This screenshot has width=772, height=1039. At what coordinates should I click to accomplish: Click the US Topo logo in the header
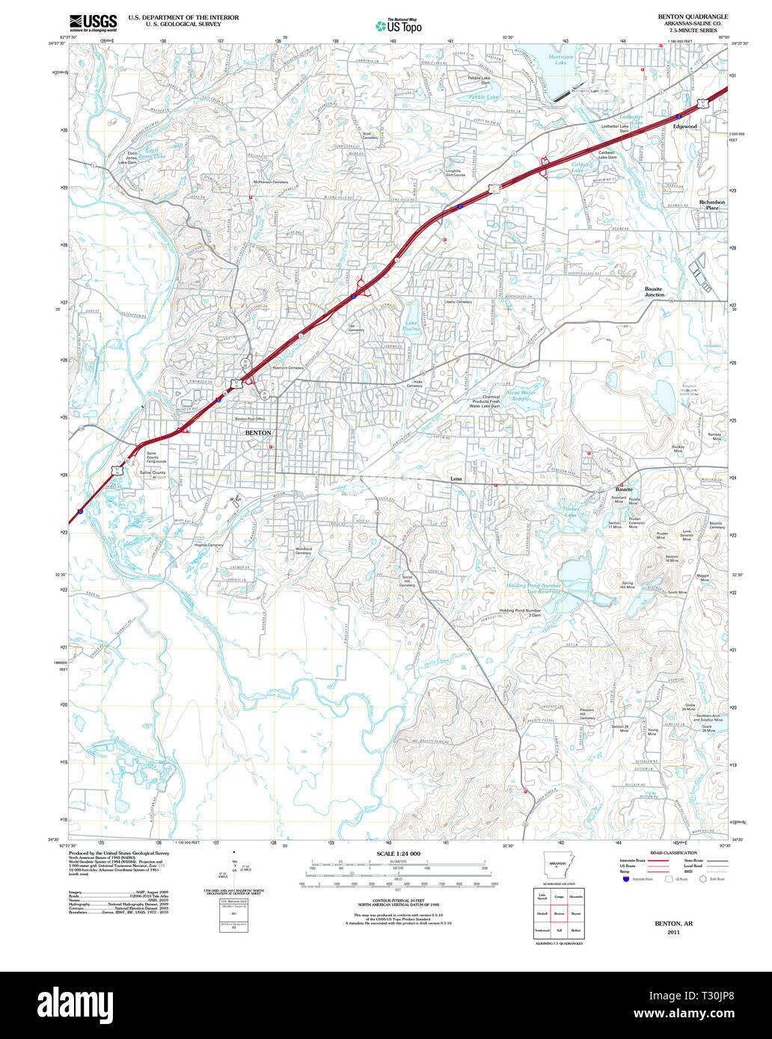(x=398, y=25)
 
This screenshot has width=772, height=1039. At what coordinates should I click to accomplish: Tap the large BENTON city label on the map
(x=258, y=433)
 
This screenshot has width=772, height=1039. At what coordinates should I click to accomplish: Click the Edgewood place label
(x=684, y=126)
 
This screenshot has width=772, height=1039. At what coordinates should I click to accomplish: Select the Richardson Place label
(x=712, y=205)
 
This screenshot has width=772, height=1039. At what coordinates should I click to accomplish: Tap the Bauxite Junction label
(x=655, y=292)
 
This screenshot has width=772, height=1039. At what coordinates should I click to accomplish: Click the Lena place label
(x=456, y=478)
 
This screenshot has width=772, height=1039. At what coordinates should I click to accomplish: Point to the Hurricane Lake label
(x=560, y=60)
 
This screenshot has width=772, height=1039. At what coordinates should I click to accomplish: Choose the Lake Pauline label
(x=412, y=326)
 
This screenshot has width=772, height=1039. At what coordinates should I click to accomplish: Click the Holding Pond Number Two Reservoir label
(x=533, y=588)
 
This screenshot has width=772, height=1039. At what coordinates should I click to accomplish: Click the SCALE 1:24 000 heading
(x=398, y=854)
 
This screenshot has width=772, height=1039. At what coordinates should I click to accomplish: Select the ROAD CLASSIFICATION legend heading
(x=673, y=853)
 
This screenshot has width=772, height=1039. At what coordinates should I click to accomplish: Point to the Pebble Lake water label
(x=482, y=97)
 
